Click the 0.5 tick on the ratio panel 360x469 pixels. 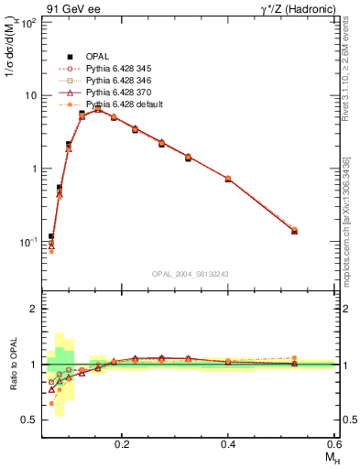[29, 420]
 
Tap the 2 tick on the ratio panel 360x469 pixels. [33, 309]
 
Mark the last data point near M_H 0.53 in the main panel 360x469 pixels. [294, 231]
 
